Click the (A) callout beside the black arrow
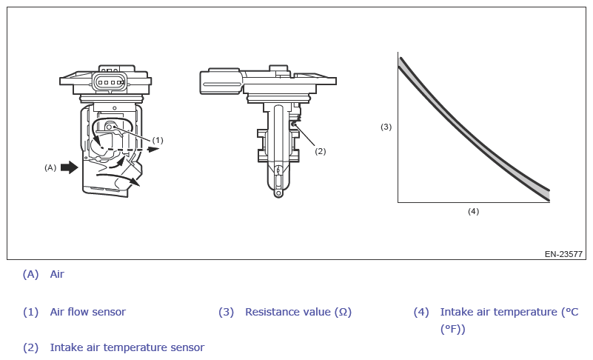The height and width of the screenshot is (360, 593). click(x=50, y=167)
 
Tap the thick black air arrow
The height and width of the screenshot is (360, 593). click(x=69, y=167)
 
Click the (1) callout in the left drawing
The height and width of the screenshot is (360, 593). click(x=158, y=139)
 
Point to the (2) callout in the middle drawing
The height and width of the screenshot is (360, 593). click(x=320, y=151)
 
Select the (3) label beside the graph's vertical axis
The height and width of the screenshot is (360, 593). click(x=386, y=127)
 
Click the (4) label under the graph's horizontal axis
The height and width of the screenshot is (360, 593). click(x=473, y=211)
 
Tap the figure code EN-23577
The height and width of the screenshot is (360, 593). click(x=563, y=254)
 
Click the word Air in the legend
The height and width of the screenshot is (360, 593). click(x=57, y=274)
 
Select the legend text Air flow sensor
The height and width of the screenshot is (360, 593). click(x=87, y=312)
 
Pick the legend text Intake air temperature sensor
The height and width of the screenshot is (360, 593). click(x=127, y=347)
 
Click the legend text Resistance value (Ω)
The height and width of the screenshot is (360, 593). click(x=298, y=312)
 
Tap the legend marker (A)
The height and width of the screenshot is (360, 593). click(x=30, y=274)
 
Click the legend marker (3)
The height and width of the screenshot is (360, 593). click(x=226, y=312)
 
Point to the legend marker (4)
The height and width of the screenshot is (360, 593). click(x=421, y=312)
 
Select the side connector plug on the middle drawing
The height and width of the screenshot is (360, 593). click(x=220, y=82)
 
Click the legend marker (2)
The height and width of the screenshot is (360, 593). click(x=30, y=347)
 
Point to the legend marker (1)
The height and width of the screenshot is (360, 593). click(x=30, y=312)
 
